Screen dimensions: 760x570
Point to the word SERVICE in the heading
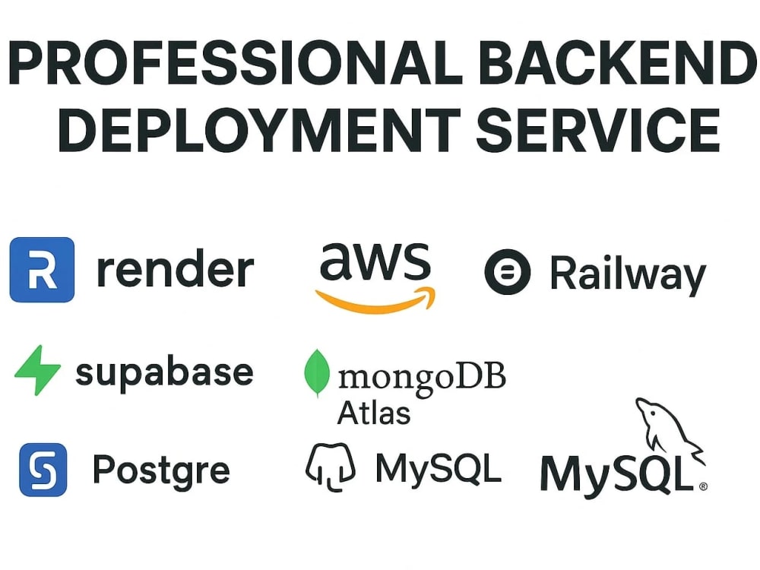599,130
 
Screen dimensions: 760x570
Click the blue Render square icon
42,270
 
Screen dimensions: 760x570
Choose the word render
176,269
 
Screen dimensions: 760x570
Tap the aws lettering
375,261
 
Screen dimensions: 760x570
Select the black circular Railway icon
508,272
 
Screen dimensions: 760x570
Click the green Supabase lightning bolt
38,370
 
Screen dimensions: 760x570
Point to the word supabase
165,374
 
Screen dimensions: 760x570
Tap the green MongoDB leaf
317,372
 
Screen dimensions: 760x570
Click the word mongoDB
422,378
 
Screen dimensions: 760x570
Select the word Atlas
374,413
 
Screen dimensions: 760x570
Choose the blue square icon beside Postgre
43,470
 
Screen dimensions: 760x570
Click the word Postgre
161,470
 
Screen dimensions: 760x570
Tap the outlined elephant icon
331,467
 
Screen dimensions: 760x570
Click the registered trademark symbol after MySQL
703,486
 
